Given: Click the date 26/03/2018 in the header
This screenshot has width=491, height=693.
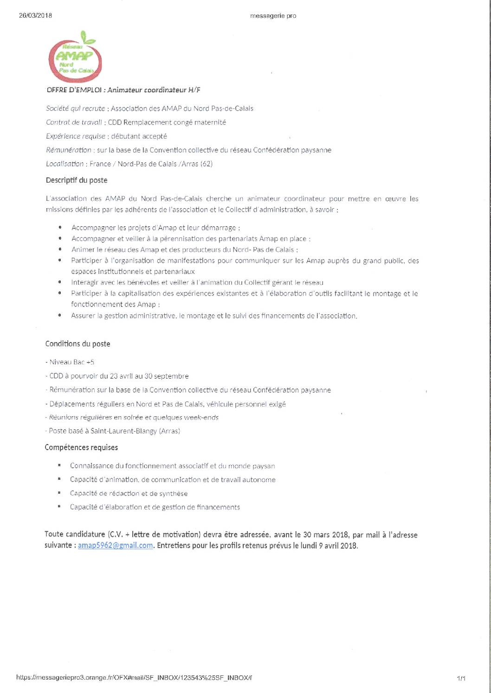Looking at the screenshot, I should click(35, 15).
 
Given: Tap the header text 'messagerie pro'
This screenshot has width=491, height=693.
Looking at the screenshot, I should click(273, 16).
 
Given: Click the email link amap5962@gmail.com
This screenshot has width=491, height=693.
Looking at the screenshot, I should click(115, 546).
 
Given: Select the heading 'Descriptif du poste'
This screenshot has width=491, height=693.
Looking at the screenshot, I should click(77, 180).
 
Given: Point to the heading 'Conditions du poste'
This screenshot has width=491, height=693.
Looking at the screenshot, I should click(78, 344).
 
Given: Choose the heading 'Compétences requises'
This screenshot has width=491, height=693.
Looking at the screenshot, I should click(81, 447).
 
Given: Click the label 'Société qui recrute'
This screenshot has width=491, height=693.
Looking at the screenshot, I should click(75, 108).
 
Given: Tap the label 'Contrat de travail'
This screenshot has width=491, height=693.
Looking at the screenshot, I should click(74, 122).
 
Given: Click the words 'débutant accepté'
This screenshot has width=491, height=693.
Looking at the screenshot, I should click(139, 136).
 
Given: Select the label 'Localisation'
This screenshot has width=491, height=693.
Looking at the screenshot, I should click(65, 164).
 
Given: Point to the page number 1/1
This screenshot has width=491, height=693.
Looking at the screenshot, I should click(461, 679).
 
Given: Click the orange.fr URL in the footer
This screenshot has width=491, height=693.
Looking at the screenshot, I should click(134, 678).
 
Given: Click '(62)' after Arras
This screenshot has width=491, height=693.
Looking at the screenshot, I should click(206, 164).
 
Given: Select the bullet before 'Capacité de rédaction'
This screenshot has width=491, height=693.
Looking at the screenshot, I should click(59, 493).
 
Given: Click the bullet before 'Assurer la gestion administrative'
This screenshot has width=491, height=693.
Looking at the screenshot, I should click(60, 315).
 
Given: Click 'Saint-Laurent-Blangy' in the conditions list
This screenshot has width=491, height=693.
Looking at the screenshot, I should click(123, 431).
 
